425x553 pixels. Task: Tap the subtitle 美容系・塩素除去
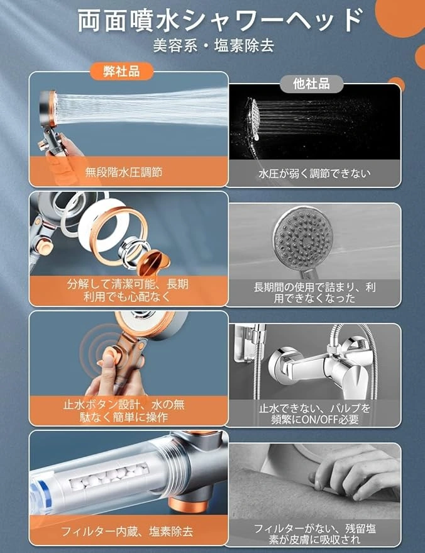(x=214, y=46)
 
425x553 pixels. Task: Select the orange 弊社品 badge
(x=121, y=71)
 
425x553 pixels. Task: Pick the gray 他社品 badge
(x=311, y=84)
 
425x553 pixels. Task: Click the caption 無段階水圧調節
(x=124, y=172)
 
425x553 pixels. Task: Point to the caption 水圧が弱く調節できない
(x=314, y=174)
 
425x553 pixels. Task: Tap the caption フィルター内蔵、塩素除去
(x=127, y=532)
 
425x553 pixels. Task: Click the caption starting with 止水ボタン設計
(x=124, y=411)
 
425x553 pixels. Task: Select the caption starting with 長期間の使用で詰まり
(x=315, y=293)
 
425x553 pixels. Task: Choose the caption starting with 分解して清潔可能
(x=127, y=290)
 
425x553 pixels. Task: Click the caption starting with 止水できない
(x=315, y=414)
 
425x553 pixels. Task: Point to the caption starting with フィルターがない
(x=315, y=534)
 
